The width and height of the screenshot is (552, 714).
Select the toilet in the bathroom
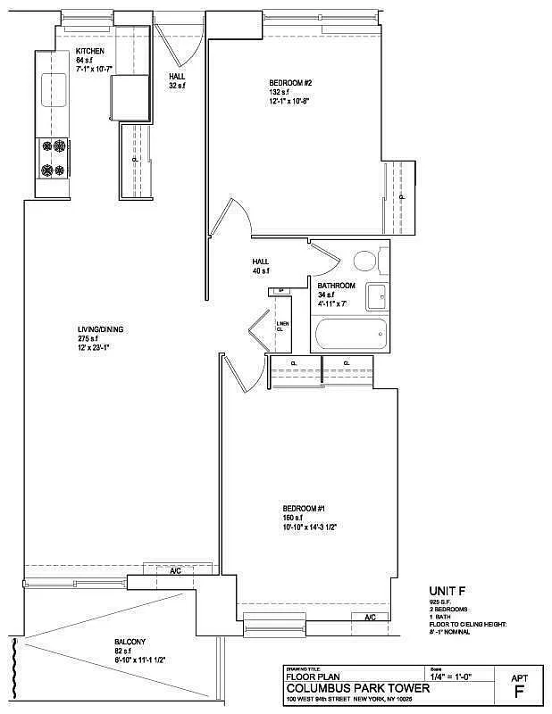point(364,262)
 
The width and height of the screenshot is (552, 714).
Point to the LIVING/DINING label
point(100,329)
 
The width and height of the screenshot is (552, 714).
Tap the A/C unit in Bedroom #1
point(370,617)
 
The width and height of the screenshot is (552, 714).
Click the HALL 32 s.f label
point(177,77)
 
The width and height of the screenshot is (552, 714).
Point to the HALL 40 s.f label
point(260,262)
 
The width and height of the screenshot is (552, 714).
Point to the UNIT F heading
point(447,591)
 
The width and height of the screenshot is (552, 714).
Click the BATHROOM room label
point(337,286)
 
